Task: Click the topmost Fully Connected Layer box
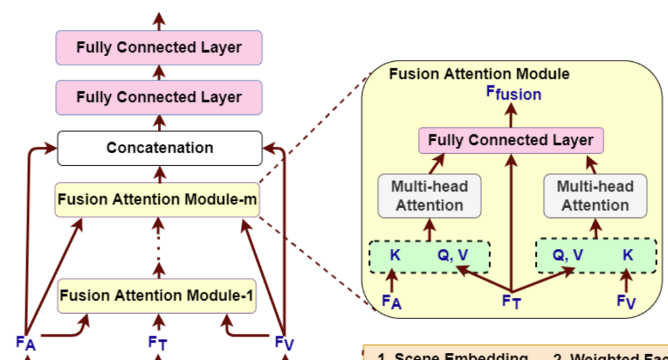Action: (159, 48)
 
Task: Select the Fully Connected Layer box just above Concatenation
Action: (159, 98)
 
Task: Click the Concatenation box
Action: (160, 148)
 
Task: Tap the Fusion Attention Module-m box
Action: (157, 199)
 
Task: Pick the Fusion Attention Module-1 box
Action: (157, 295)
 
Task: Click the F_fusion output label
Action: (513, 93)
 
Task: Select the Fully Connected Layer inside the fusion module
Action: (511, 140)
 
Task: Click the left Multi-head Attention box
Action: (429, 196)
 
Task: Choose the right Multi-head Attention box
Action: (595, 196)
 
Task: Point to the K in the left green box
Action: (395, 255)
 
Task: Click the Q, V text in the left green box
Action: (453, 255)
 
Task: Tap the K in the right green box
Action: (628, 255)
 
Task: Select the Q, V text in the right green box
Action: (568, 255)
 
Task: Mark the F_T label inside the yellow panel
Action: (511, 301)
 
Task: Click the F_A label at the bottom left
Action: (25, 341)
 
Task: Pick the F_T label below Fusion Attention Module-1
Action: (157, 342)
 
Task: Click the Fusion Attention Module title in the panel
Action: (479, 74)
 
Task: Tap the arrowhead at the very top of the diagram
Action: (159, 18)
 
